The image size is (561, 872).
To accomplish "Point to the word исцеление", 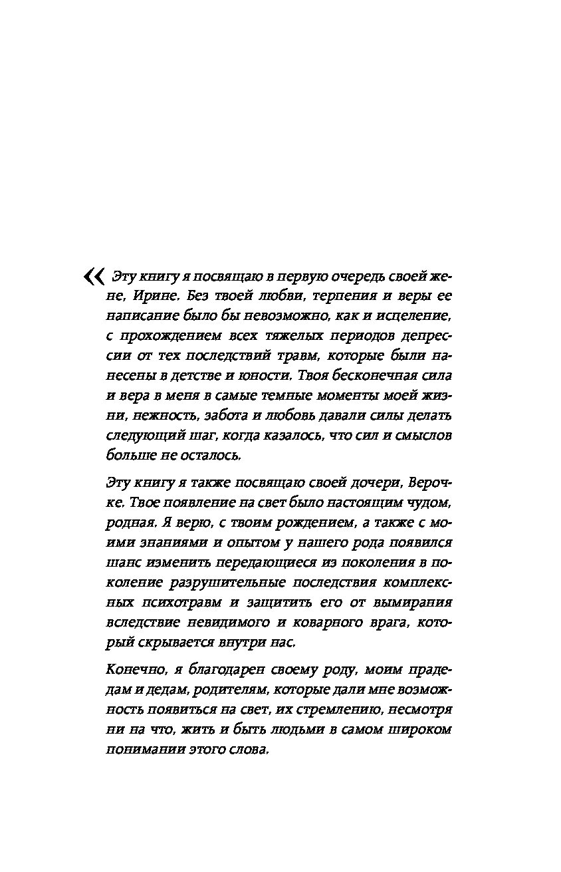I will point(417,315).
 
